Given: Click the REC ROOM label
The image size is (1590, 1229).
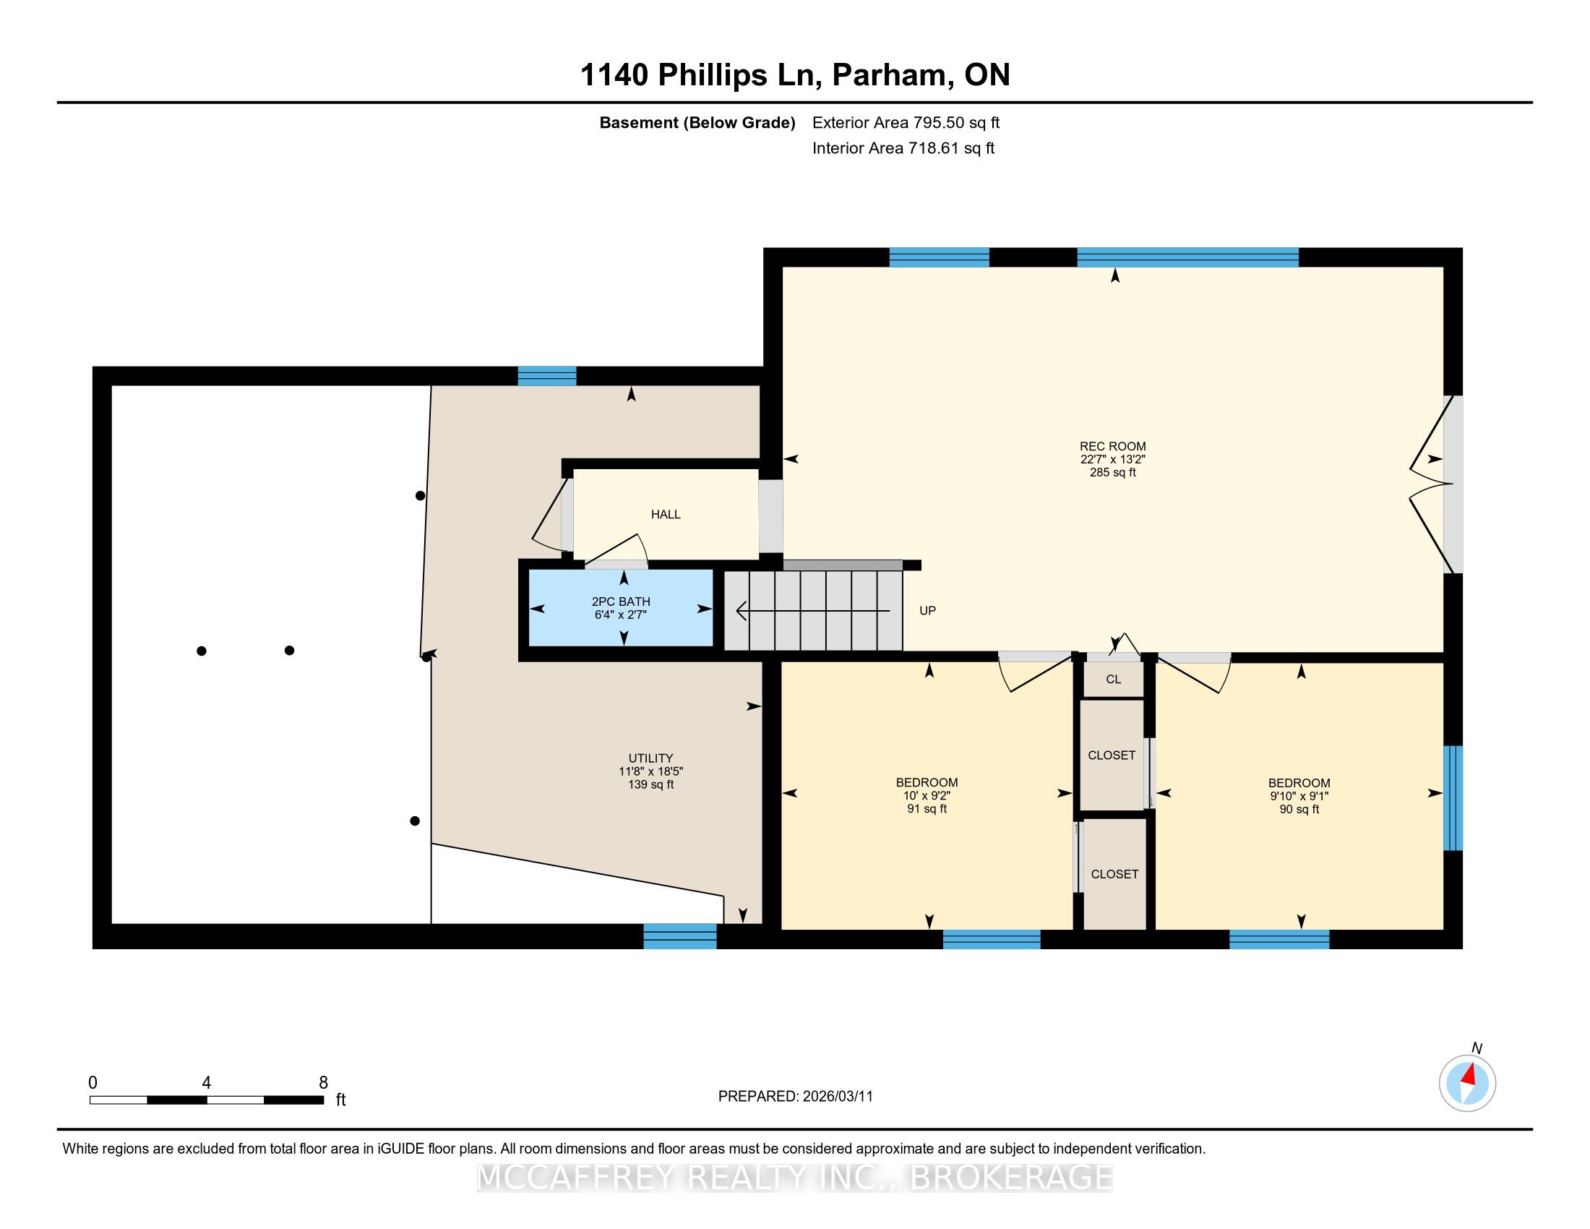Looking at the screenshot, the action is (1112, 446).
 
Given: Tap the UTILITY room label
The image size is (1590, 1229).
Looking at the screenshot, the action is (651, 758).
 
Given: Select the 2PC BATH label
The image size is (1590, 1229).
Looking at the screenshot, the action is (621, 601).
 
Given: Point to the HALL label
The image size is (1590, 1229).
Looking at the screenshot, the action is (666, 514).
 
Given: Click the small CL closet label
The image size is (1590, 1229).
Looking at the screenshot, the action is (1113, 680).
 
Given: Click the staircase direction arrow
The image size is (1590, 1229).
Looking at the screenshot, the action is (813, 610).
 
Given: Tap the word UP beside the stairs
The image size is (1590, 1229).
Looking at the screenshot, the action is (927, 611).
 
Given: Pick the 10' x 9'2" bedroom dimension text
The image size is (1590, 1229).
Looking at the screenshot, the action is (927, 796).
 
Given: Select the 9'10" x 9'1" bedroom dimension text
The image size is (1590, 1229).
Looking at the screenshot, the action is (1299, 796).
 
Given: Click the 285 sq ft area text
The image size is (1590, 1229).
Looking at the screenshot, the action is (1112, 473).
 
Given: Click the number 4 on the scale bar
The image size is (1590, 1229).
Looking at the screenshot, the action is (207, 1083).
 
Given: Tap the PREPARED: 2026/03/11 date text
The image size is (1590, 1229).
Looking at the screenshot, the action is (795, 1097).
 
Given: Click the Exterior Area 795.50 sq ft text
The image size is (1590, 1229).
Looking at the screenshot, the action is (906, 122).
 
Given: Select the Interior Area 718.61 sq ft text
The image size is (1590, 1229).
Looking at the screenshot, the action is (903, 147).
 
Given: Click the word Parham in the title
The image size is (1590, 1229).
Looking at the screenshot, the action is (893, 74).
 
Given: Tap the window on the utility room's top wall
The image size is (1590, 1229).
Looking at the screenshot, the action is (547, 376).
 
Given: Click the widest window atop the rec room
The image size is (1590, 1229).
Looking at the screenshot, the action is (1187, 258).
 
